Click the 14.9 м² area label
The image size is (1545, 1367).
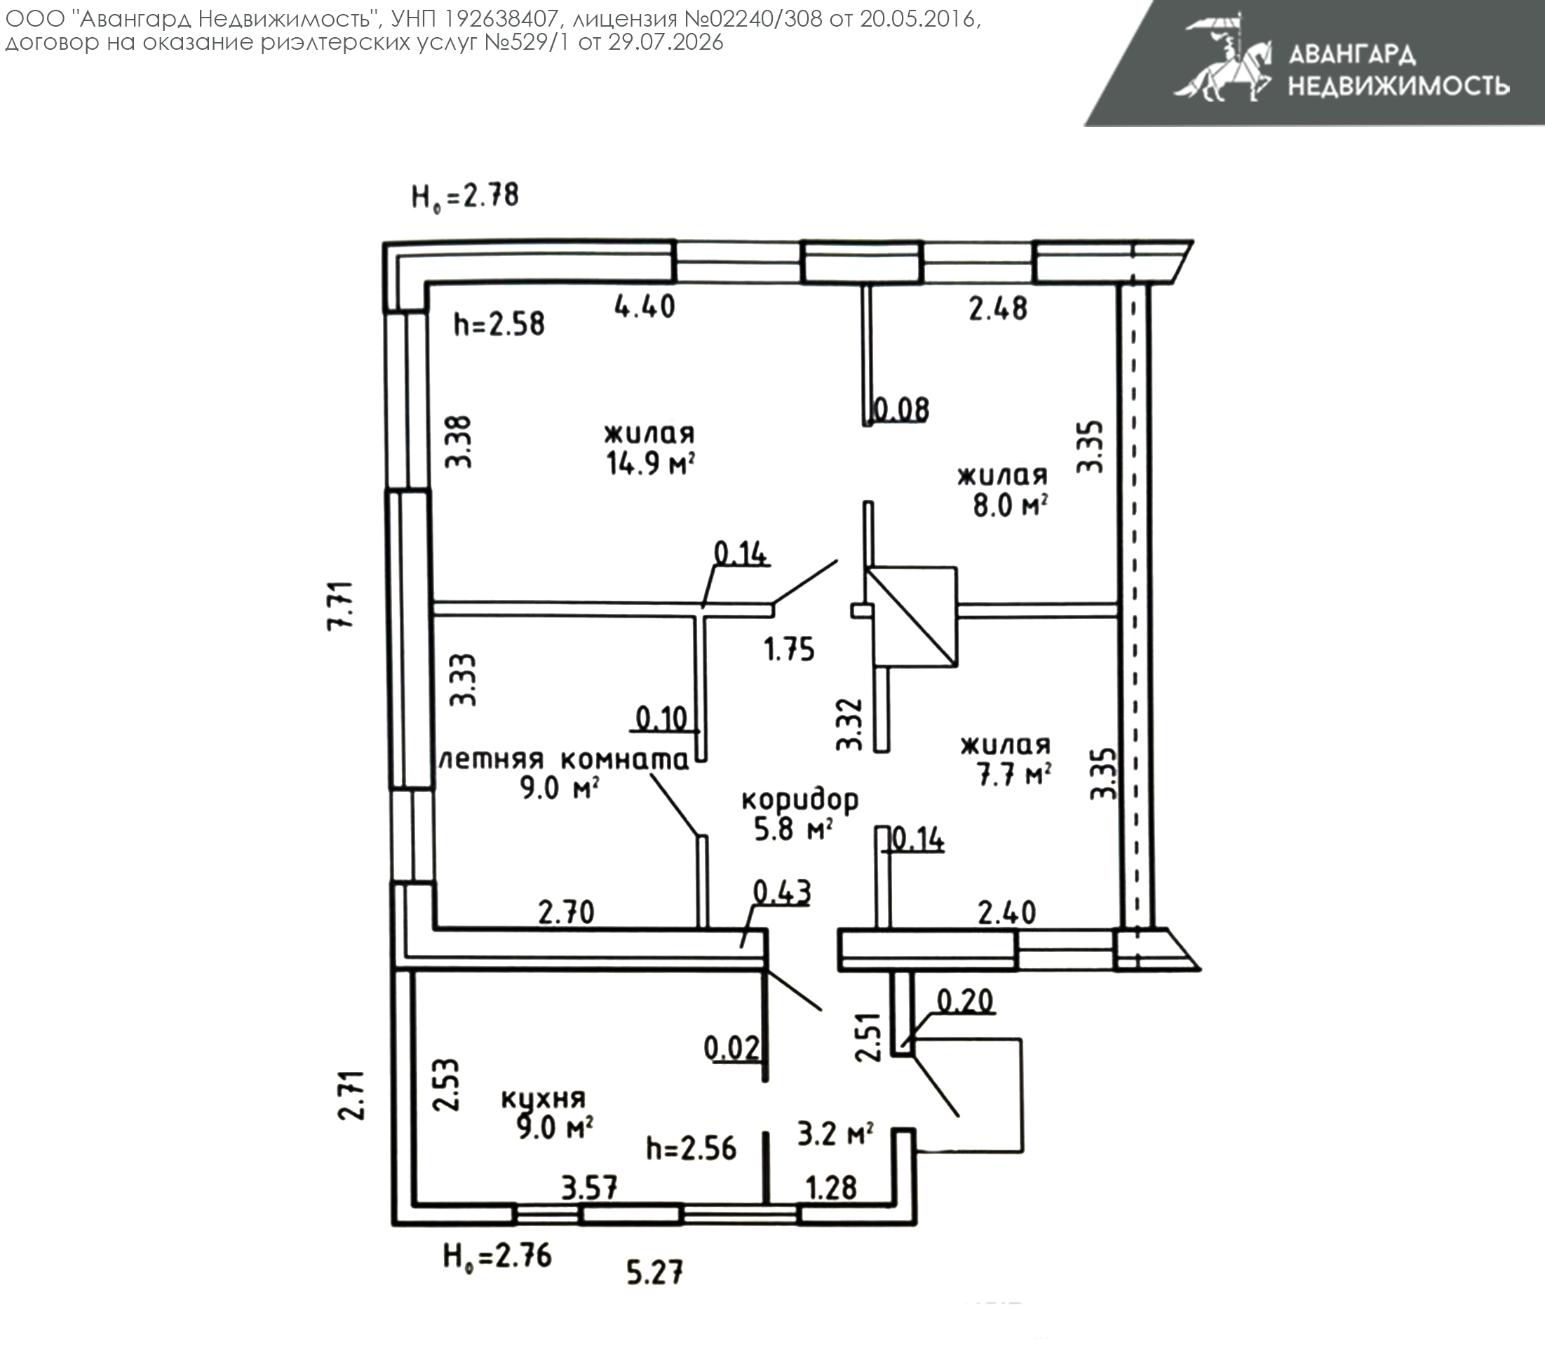[x=651, y=463]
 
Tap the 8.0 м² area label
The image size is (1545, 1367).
[x=1010, y=505]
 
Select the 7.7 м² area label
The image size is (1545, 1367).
[x=1014, y=775]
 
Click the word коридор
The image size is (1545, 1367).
[x=800, y=799]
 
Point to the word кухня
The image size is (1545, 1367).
[x=544, y=1099]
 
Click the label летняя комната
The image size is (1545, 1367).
[x=564, y=759]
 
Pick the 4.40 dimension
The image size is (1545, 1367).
[x=645, y=307]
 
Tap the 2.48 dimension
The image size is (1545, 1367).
[x=999, y=308]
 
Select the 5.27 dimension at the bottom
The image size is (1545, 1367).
[x=655, y=1272]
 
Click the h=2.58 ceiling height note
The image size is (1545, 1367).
[x=499, y=324]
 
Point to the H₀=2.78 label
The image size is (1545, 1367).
[x=465, y=196]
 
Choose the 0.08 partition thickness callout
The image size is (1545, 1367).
[x=900, y=409]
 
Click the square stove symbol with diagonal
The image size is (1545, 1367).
[x=911, y=617]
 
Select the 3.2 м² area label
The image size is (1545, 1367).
[x=836, y=1134]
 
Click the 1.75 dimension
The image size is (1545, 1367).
[x=789, y=649]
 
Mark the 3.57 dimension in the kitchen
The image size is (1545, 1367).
[x=590, y=1188]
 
